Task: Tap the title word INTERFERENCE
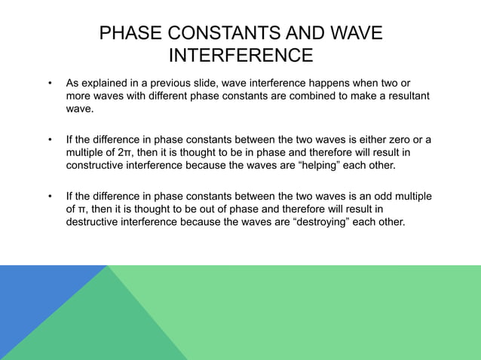point(240,56)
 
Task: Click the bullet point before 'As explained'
point(50,82)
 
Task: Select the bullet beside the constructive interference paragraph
point(50,140)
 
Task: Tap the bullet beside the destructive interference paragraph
point(50,197)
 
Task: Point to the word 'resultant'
point(406,96)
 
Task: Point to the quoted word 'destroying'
point(327,223)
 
